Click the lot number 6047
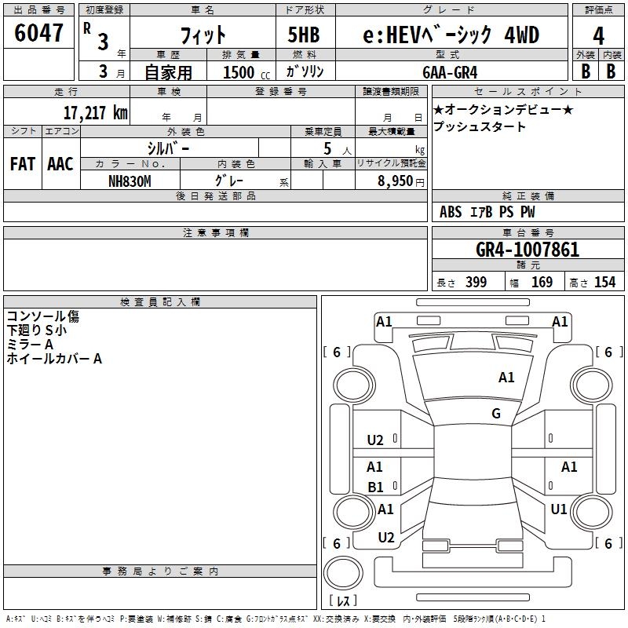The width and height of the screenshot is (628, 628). [x=38, y=35]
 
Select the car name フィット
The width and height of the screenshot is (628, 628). [x=203, y=35]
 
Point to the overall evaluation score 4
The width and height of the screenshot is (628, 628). [x=599, y=36]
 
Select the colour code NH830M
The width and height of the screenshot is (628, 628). [x=130, y=181]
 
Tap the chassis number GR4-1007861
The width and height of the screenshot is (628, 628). [x=528, y=250]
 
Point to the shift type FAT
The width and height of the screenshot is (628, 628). [x=23, y=163]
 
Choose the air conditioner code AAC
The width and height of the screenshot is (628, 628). [x=60, y=163]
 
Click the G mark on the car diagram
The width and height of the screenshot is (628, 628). [x=496, y=414]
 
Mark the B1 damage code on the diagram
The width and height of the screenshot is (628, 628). [x=375, y=487]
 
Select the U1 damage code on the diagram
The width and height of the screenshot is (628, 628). [x=558, y=509]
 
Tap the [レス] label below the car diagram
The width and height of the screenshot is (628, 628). [x=343, y=601]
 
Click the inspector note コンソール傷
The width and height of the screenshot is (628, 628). [x=42, y=316]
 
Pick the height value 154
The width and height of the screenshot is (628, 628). [x=604, y=283]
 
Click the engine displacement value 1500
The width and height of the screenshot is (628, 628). [x=239, y=72]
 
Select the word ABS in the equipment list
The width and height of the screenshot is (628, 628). [x=451, y=212]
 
